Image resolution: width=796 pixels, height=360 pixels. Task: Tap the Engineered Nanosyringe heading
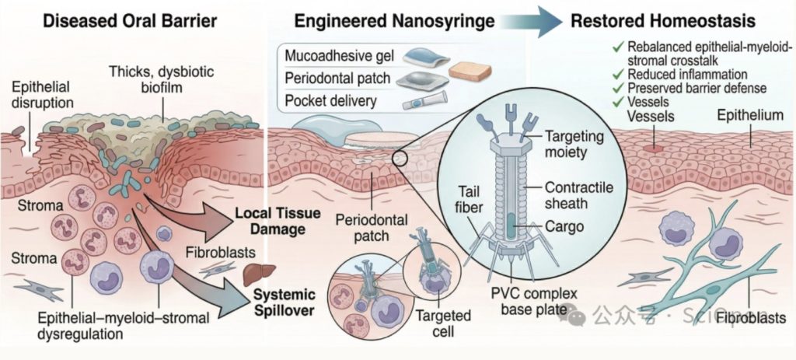click(x=394, y=21)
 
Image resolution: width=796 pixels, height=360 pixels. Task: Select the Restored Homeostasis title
click(x=663, y=21)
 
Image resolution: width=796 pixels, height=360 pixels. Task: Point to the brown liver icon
click(x=259, y=274)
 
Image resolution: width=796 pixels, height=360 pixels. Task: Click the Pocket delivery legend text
click(x=331, y=100)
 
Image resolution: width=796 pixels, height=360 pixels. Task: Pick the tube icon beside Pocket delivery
click(x=424, y=100)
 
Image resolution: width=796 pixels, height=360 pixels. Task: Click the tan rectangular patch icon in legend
click(x=470, y=72)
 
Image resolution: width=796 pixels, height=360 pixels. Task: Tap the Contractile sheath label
click(x=579, y=195)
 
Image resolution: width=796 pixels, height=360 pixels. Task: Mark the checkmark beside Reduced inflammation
click(x=618, y=75)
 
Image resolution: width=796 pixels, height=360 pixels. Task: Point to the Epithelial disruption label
click(x=43, y=94)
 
